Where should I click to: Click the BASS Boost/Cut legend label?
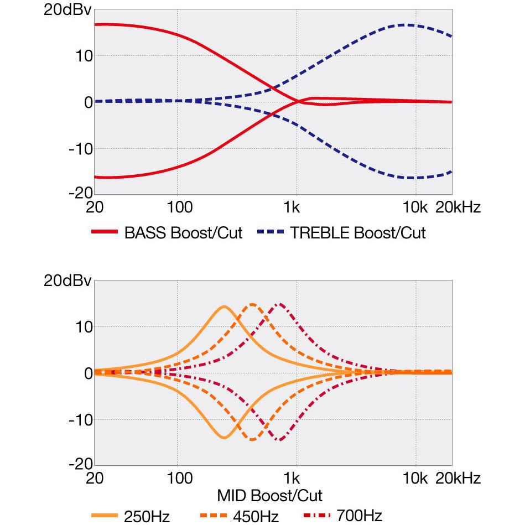coord(183,233)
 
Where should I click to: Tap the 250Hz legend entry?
coord(147,517)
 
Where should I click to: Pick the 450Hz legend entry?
coord(255,517)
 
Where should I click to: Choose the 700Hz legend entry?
coord(358,517)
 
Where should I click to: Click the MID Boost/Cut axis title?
coord(269,495)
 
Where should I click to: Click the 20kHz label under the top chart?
coord(459,208)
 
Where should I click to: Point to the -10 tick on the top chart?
coord(79,148)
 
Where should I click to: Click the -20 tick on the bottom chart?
coord(79,464)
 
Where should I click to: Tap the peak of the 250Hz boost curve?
coord(224,306)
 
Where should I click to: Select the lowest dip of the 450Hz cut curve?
coord(252,440)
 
